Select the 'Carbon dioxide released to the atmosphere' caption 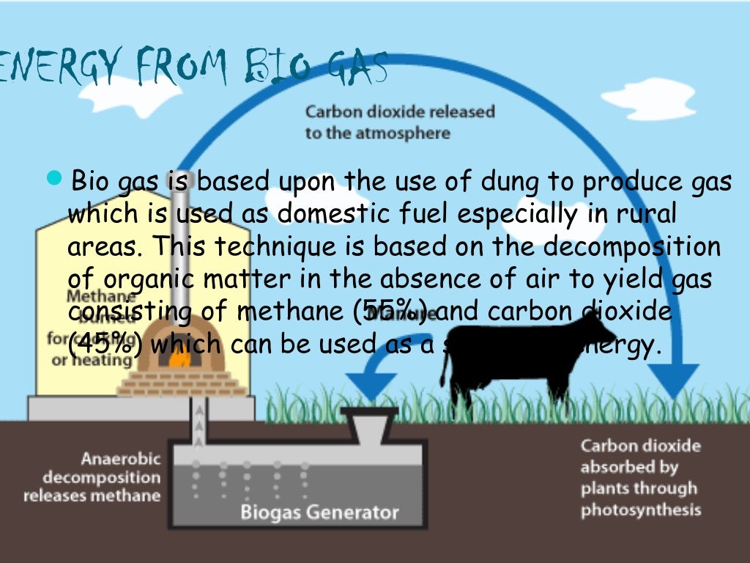400,122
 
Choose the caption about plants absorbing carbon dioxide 640,477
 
